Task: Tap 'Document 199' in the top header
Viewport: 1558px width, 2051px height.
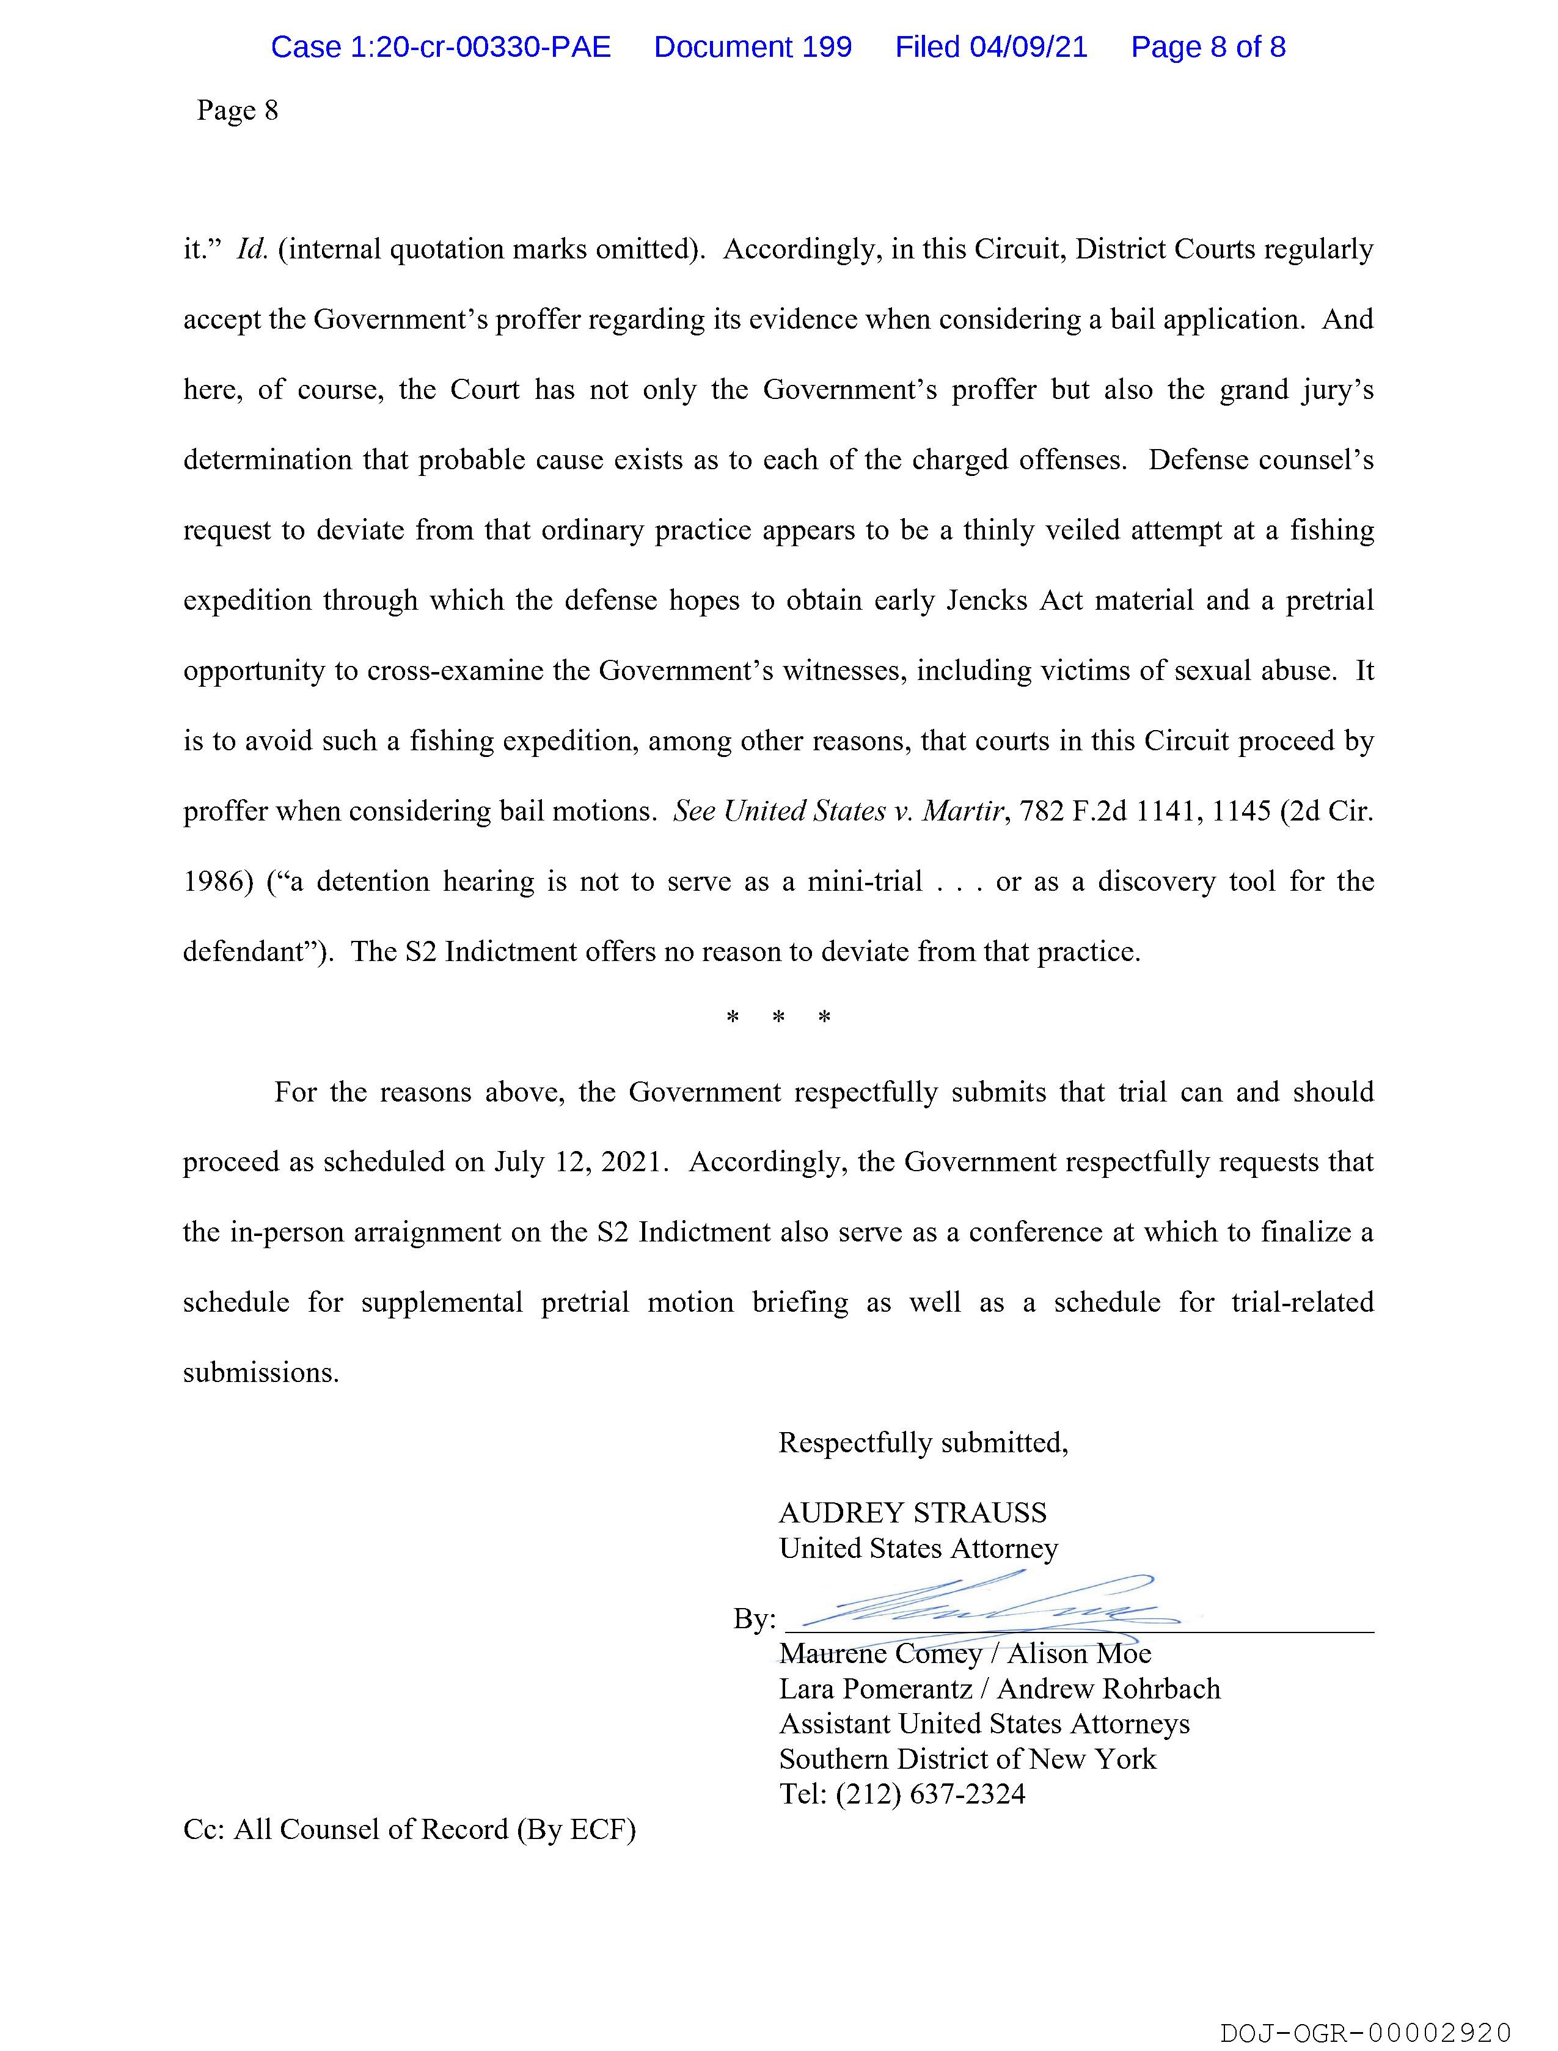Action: click(752, 46)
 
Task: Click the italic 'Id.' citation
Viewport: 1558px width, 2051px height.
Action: click(252, 249)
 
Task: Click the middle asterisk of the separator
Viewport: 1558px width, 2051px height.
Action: click(778, 1018)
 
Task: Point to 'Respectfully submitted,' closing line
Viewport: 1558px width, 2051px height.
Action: click(923, 1442)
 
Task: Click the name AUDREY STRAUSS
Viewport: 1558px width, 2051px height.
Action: click(913, 1513)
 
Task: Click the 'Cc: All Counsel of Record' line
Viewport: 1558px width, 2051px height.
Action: click(409, 1829)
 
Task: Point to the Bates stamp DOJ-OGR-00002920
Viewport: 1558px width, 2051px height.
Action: click(1365, 2033)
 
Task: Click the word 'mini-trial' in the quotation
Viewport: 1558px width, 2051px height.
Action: click(865, 882)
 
